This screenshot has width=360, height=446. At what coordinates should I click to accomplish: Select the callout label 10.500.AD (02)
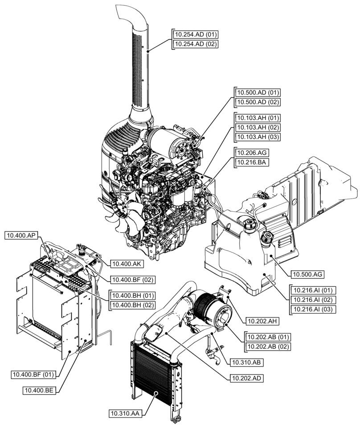point(257,102)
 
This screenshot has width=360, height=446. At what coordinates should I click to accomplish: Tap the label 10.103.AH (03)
point(257,137)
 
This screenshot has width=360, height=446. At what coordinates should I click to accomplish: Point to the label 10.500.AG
point(307,274)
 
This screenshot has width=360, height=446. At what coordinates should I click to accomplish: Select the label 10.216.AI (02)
point(312,299)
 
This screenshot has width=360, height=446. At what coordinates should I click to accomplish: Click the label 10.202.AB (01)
point(267,337)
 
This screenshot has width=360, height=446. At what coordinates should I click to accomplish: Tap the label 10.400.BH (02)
point(132,305)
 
